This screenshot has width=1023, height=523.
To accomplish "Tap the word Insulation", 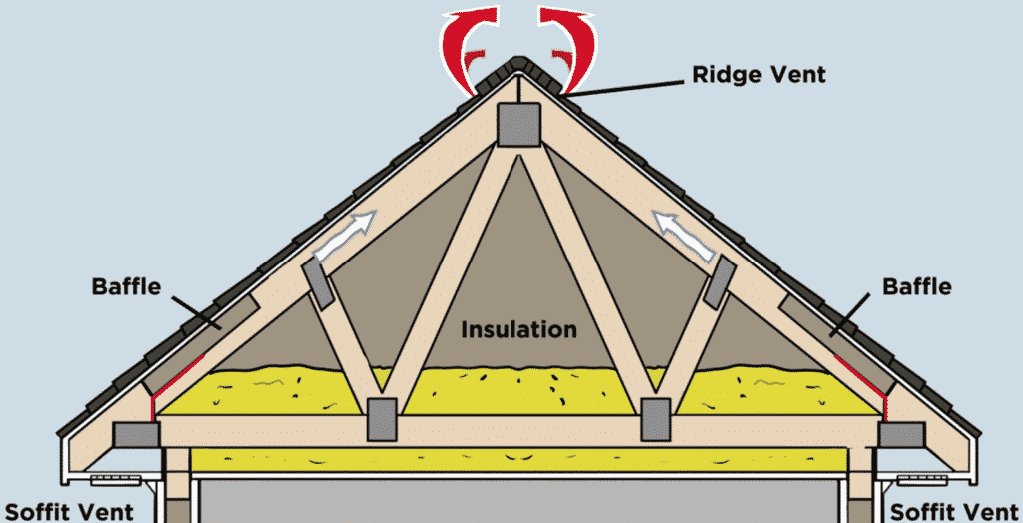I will (518, 328).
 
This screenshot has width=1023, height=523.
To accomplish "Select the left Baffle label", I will (126, 287).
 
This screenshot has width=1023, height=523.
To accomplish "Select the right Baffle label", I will (917, 287).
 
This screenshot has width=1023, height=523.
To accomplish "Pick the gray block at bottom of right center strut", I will (656, 417).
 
